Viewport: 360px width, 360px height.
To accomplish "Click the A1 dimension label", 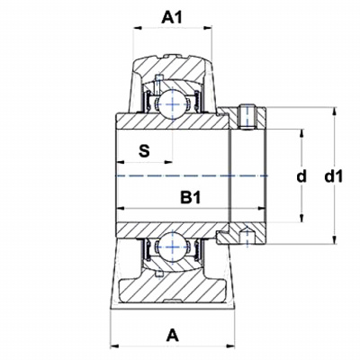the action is pyautogui.click(x=172, y=18).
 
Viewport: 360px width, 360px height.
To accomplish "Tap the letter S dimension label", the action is pyautogui.click(x=144, y=151).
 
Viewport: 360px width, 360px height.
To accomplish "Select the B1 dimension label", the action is pyautogui.click(x=190, y=198).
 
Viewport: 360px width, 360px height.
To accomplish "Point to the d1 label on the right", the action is pyautogui.click(x=333, y=176).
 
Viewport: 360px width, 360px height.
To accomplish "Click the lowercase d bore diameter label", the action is pyautogui.click(x=301, y=176).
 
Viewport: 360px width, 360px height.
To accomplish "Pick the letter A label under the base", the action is pyautogui.click(x=172, y=336).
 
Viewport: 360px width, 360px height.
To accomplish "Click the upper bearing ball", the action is pyautogui.click(x=173, y=103).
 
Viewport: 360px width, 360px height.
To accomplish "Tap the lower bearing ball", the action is pyautogui.click(x=173, y=247).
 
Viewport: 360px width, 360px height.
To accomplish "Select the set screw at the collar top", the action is pyautogui.click(x=247, y=117).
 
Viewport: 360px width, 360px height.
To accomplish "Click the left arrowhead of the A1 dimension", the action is pyautogui.click(x=138, y=28).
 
